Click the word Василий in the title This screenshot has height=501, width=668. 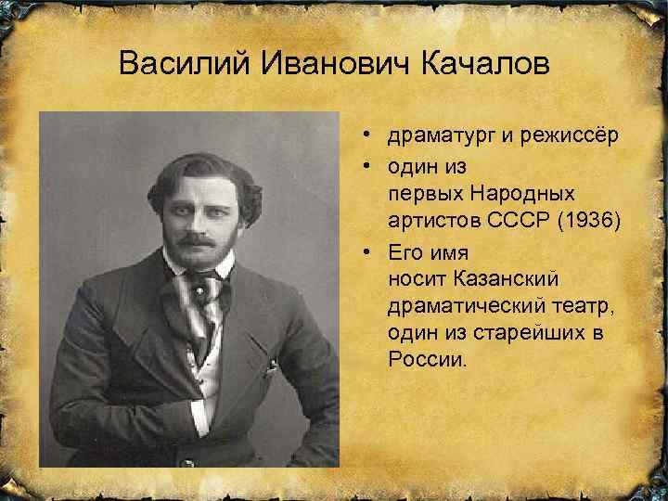[x=183, y=66]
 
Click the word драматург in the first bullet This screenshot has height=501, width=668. [x=443, y=137]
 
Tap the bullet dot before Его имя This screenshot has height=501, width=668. [x=368, y=251]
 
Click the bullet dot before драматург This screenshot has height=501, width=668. [x=368, y=137]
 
